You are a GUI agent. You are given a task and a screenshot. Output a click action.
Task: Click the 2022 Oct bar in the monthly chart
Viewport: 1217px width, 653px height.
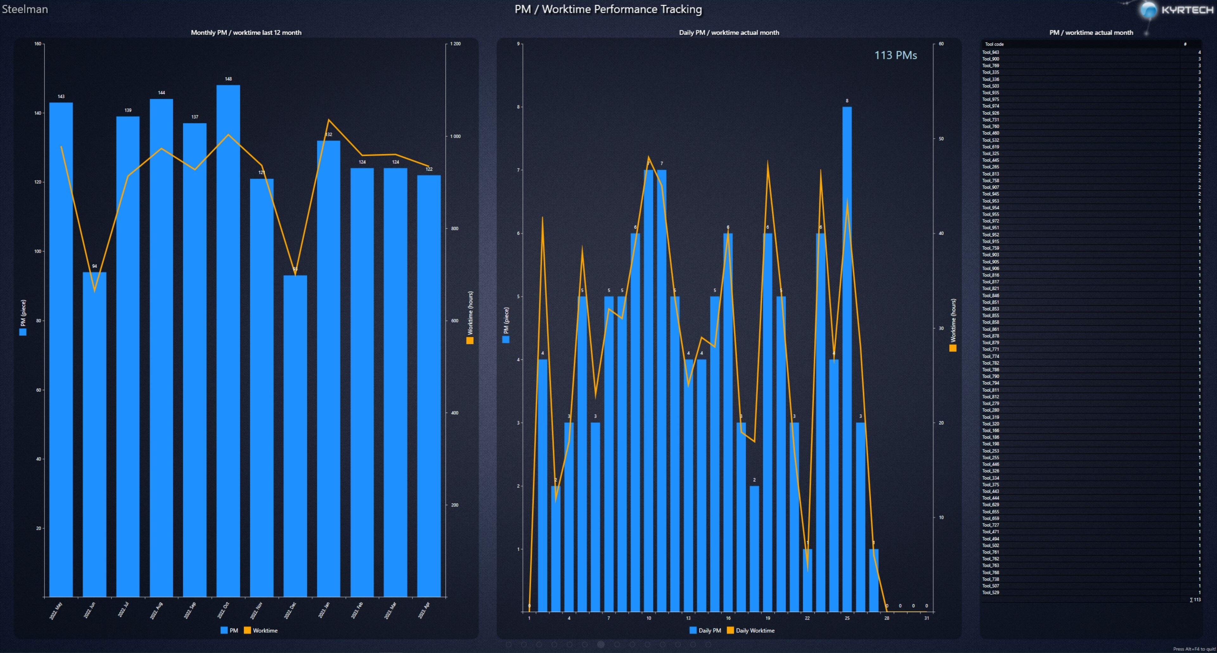coord(228,340)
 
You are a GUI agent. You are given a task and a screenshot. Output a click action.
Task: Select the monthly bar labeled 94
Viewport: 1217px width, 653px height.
coord(94,434)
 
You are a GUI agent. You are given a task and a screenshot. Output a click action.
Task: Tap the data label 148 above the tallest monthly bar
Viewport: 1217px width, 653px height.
coord(228,79)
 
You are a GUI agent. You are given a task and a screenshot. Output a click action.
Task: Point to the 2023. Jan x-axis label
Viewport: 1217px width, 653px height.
coord(324,610)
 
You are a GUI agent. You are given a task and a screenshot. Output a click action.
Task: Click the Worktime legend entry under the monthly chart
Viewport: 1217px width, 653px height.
coord(261,630)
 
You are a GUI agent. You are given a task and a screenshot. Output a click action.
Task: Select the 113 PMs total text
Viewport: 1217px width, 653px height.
coord(895,55)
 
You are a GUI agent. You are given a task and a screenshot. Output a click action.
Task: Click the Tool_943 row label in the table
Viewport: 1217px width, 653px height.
coord(991,52)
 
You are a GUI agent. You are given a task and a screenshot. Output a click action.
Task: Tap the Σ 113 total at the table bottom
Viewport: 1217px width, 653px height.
coord(1195,600)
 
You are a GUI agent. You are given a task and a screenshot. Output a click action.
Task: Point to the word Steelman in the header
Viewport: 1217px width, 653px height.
coord(25,9)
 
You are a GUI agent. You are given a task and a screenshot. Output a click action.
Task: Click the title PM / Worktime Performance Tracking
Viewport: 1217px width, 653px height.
coord(608,9)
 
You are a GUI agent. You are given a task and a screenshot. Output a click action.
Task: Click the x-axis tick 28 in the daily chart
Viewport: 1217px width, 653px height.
coord(887,618)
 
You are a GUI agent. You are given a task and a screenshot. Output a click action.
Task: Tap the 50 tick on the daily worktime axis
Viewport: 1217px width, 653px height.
coord(941,139)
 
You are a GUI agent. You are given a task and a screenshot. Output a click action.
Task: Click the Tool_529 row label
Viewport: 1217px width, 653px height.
coord(991,593)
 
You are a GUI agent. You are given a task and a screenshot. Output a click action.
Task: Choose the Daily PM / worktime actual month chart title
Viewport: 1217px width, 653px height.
coord(729,33)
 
